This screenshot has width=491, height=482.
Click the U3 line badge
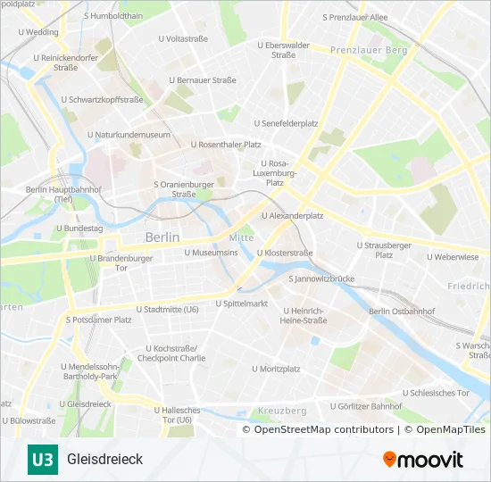tap(41, 460)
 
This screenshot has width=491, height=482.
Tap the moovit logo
tap(423, 460)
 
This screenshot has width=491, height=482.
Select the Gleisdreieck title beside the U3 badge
tap(104, 460)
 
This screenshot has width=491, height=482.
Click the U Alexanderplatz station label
tap(292, 215)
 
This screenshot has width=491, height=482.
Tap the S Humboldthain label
tap(112, 16)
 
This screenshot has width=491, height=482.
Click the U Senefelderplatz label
tap(286, 122)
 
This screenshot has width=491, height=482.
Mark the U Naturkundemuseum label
tap(129, 135)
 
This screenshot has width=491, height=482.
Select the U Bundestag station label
tap(79, 229)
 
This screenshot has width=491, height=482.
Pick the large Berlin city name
tap(162, 237)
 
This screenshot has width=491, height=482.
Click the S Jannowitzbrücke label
tap(321, 278)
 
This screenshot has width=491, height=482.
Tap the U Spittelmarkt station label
tap(241, 303)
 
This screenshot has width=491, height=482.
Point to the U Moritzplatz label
tap(276, 368)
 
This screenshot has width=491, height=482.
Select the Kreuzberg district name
tap(282, 411)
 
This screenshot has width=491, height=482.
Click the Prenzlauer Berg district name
tap(368, 51)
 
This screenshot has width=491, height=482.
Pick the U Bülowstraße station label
tap(30, 420)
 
